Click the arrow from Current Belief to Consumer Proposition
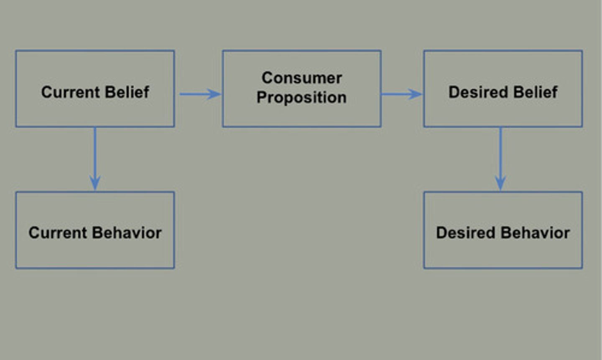[200, 94]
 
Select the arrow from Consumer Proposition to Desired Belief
[401, 94]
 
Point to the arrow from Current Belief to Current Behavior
[95, 159]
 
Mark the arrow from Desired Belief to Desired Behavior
[500, 159]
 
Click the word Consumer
[302, 78]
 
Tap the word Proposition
[301, 97]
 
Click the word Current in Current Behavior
[58, 233]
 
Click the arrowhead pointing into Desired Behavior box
[500, 183]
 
